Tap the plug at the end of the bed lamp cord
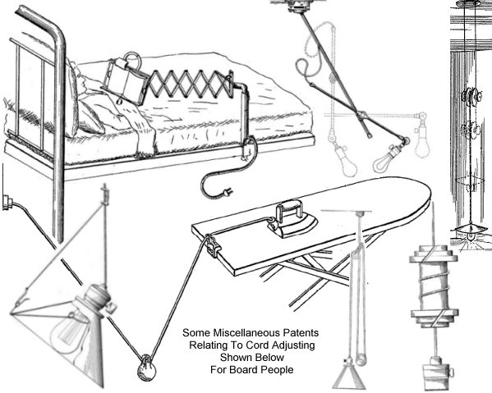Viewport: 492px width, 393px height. tap(228, 192)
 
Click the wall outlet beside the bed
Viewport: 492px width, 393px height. tap(7, 203)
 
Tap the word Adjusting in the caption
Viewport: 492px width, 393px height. tap(293, 345)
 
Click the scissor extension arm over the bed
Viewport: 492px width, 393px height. tap(190, 84)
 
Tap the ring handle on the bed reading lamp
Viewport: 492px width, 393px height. tap(132, 58)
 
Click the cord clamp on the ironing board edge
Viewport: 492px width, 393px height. tap(213, 245)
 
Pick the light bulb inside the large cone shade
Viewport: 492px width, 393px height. tap(69, 333)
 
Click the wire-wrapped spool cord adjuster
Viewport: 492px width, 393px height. tap(434, 287)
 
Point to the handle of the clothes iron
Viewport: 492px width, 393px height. tap(288, 211)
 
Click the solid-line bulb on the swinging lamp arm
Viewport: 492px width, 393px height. tap(384, 162)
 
